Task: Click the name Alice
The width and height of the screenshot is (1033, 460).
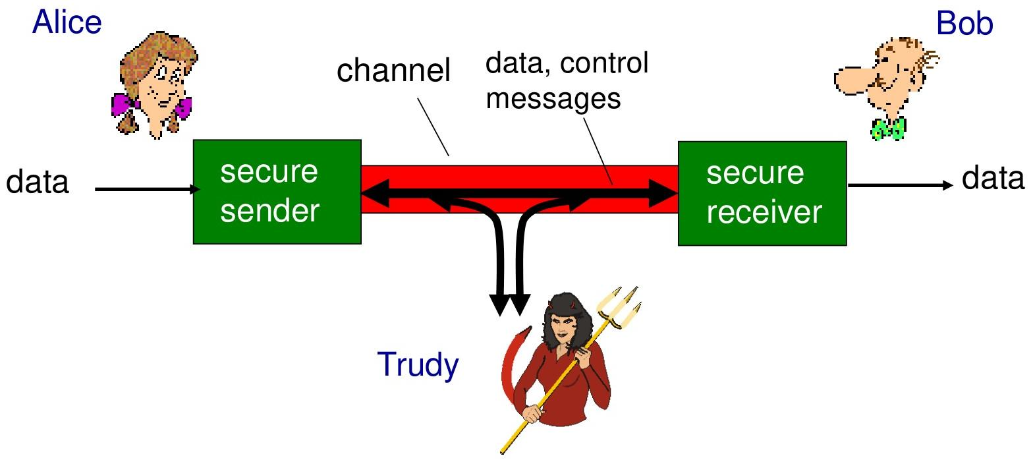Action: pyautogui.click(x=67, y=23)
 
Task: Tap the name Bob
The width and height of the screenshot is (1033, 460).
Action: pyautogui.click(x=964, y=24)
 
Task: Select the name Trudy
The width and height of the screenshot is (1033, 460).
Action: pyautogui.click(x=417, y=364)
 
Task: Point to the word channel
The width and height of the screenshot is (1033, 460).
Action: pyautogui.click(x=393, y=71)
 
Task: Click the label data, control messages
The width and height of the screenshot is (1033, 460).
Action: pyautogui.click(x=567, y=80)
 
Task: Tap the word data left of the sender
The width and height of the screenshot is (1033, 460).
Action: pyautogui.click(x=38, y=182)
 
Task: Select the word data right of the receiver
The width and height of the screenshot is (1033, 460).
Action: pyautogui.click(x=993, y=178)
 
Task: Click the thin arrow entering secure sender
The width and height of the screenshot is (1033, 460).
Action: pyautogui.click(x=145, y=190)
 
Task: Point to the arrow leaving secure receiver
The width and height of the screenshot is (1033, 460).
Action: pyautogui.click(x=900, y=185)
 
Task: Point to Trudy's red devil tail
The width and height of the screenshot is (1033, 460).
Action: pyautogui.click(x=511, y=369)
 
